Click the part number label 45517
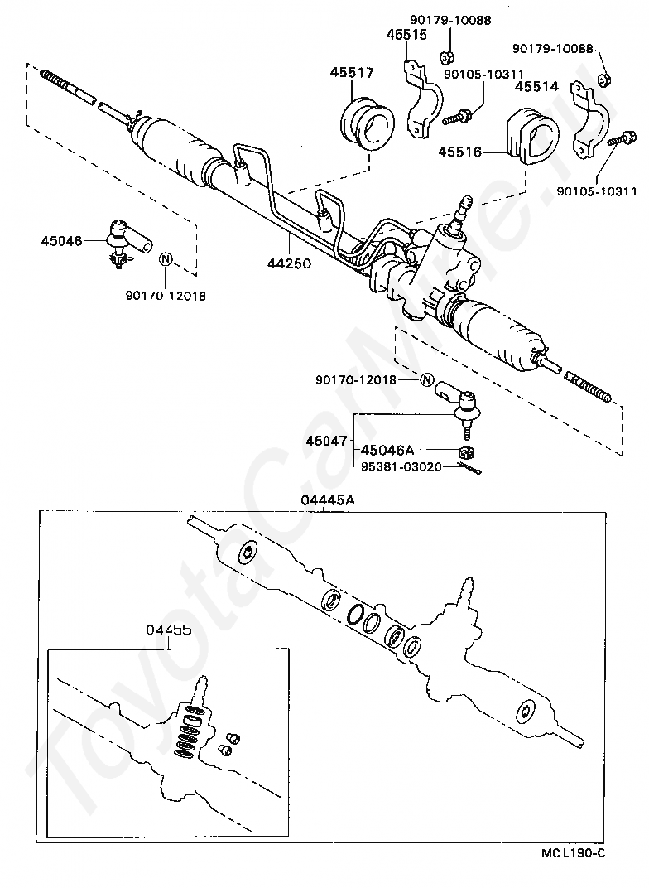[352, 73]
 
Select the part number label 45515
[406, 35]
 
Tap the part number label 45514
[536, 87]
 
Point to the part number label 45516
[460, 152]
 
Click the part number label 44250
[289, 263]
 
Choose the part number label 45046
[61, 241]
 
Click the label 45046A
[387, 451]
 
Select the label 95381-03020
[401, 467]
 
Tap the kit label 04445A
[323, 500]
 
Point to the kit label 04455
[169, 630]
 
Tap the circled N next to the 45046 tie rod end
[166, 260]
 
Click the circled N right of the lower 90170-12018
[426, 379]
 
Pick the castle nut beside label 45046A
[466, 452]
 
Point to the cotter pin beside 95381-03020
[470, 468]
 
